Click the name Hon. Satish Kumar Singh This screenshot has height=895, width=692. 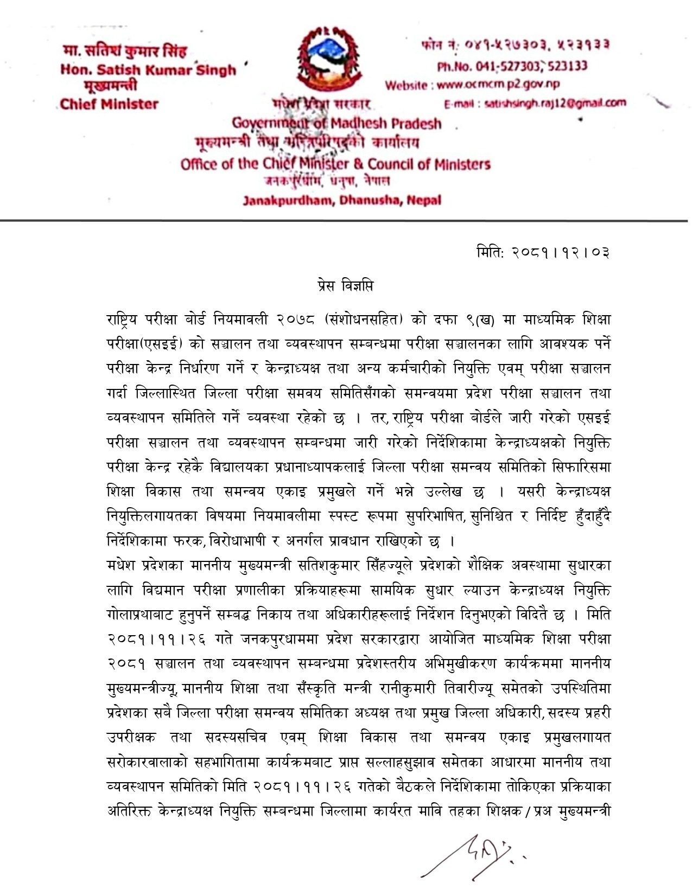point(148,70)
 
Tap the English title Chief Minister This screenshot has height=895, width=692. point(109,104)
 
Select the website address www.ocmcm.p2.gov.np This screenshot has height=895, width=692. point(498,84)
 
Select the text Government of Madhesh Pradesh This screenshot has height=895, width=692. point(337,124)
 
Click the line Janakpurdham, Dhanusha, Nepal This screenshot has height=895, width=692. point(342,200)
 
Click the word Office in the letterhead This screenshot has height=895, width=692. point(199,164)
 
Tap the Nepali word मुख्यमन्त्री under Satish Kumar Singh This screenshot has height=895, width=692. point(110,86)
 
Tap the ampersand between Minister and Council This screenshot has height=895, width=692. point(359,164)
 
